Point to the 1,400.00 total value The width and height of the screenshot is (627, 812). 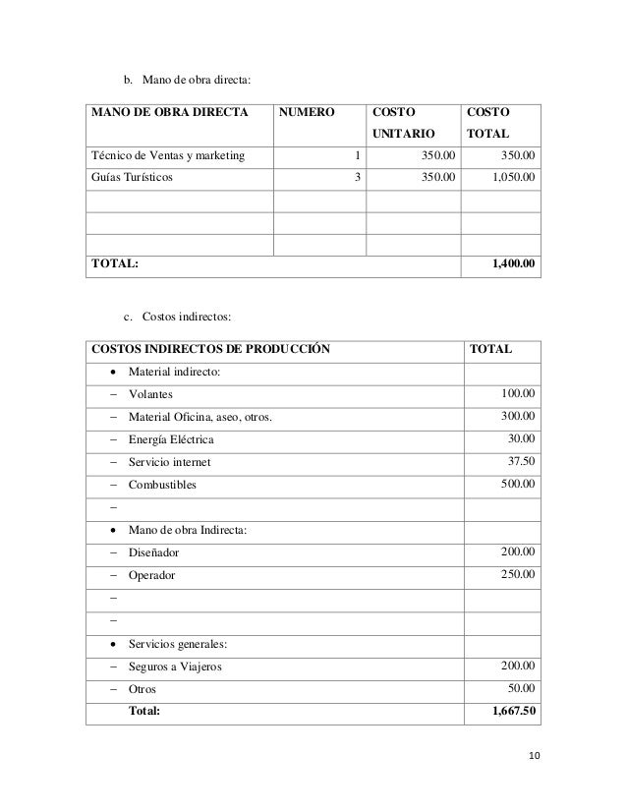(512, 264)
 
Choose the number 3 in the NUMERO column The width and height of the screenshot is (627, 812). (358, 177)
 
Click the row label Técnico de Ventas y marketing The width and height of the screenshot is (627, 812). (169, 154)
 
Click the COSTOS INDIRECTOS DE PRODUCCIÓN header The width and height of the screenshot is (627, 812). (210, 348)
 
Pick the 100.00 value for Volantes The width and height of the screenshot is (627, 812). (517, 395)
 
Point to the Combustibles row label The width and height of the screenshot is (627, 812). (161, 486)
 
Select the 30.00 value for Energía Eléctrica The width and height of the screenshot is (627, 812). (520, 439)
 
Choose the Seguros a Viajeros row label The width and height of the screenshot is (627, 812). (175, 667)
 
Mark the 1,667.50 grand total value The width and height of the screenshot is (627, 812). (513, 712)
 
